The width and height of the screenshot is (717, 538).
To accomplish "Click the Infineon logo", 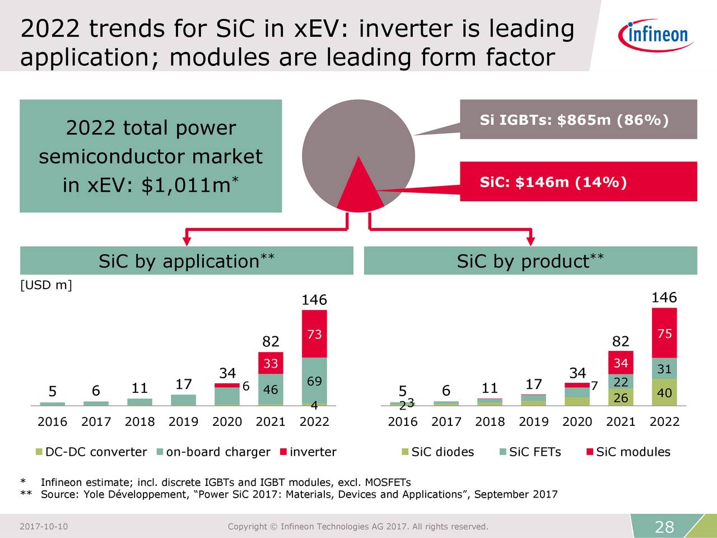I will tap(656, 34).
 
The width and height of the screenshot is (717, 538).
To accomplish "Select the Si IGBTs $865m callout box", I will tap(578, 119).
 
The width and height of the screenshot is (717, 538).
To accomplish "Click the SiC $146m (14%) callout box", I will tap(578, 182).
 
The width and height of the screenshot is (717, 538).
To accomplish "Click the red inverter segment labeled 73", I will tap(314, 335).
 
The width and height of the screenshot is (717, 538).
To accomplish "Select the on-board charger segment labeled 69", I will tap(314, 381).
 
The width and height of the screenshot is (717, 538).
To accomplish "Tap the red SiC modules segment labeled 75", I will tap(664, 333).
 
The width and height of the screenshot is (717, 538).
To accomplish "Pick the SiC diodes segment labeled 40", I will tap(664, 393).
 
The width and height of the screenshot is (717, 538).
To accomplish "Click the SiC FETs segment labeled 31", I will tap(664, 369).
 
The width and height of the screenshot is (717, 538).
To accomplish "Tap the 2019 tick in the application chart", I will tap(183, 421).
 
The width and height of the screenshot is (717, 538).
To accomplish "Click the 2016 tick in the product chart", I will tap(402, 421).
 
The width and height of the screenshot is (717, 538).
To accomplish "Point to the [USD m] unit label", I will tap(46, 285).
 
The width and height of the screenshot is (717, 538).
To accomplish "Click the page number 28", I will tap(664, 527).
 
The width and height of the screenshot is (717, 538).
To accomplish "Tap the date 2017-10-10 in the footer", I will tap(44, 526).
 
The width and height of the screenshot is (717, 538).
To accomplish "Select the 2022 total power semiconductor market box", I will tap(151, 156).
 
